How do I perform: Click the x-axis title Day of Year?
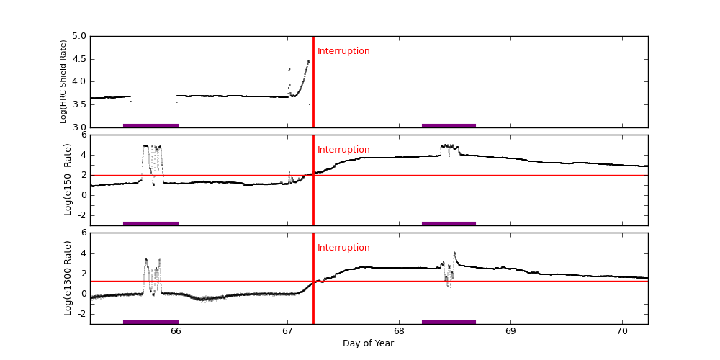click(x=368, y=343)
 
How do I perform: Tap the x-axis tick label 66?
click(x=176, y=331)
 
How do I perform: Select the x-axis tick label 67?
click(x=287, y=331)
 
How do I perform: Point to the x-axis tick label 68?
click(x=399, y=331)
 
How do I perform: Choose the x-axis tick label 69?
click(x=510, y=331)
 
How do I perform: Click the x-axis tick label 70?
click(x=622, y=331)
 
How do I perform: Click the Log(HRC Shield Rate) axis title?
click(x=63, y=81)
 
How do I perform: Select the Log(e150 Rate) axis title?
click(x=68, y=179)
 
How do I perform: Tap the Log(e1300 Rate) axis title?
click(x=68, y=278)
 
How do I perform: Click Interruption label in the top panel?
click(x=343, y=51)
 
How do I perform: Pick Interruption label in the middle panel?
click(x=343, y=150)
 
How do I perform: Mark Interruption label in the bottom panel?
click(x=343, y=248)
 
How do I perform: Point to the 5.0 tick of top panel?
click(x=78, y=36)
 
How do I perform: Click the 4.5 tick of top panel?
click(x=78, y=59)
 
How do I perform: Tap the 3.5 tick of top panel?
click(x=78, y=105)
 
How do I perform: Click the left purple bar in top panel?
click(x=150, y=125)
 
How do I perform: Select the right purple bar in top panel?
click(x=449, y=125)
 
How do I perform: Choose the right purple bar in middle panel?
click(x=449, y=223)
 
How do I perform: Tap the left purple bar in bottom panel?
click(x=150, y=322)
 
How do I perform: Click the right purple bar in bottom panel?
click(x=449, y=322)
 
